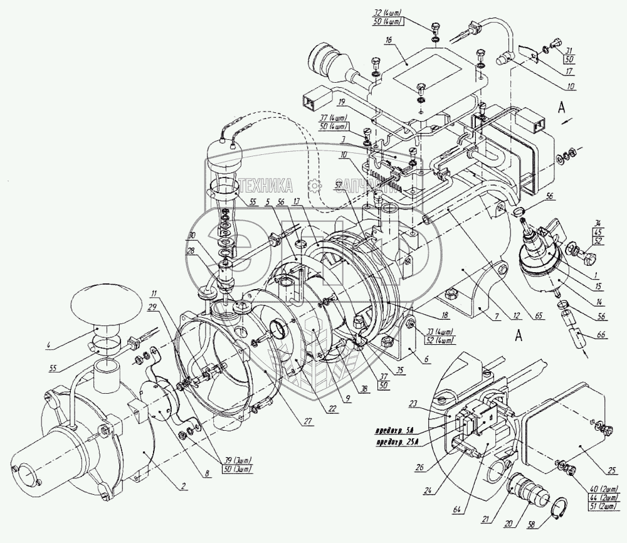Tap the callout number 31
[569, 51]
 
